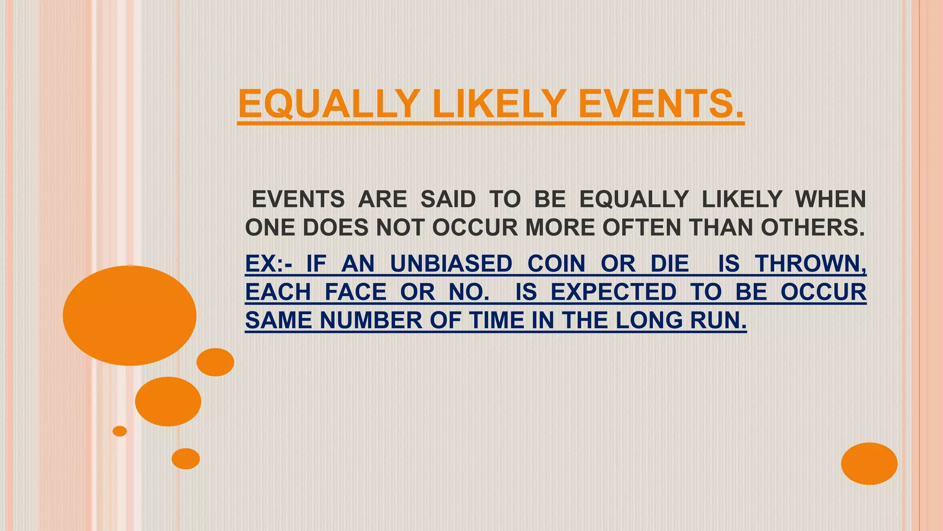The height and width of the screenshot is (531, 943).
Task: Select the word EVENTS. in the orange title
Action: tap(661, 104)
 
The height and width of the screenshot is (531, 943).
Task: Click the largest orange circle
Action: tap(129, 316)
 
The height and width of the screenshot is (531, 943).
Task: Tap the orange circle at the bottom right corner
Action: tap(869, 463)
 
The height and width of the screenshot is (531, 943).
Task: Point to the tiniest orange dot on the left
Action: tap(119, 431)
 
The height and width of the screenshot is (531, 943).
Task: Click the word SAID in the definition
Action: tap(448, 200)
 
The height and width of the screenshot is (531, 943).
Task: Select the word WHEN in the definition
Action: tap(830, 200)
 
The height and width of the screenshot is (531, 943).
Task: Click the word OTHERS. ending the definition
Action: tap(812, 228)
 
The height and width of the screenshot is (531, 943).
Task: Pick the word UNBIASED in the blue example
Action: tap(451, 264)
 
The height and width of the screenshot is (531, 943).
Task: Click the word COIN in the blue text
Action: tap(556, 264)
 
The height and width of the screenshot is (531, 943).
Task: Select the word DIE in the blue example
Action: tap(669, 264)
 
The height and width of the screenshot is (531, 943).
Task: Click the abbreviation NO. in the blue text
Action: tap(469, 292)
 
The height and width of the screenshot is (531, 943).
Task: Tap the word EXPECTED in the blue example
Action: tap(613, 292)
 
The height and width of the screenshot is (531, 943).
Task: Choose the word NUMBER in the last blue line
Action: tap(371, 320)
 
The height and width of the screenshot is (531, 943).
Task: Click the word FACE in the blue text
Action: tap(355, 292)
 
